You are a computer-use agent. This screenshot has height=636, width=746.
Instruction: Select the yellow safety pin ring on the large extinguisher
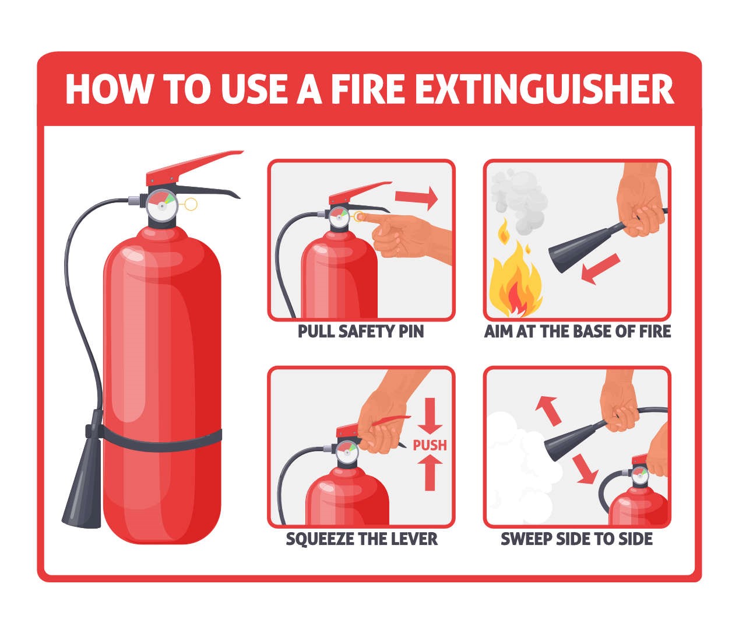[191, 204]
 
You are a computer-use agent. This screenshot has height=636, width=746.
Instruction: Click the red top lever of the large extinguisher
[192, 165]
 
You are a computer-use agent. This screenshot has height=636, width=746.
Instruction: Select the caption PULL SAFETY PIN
[361, 331]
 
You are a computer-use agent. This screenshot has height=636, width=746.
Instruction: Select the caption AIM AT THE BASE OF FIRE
[577, 331]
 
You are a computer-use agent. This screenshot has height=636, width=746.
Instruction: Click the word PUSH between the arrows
[430, 445]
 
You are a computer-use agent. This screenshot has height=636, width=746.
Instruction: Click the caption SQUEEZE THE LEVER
[361, 539]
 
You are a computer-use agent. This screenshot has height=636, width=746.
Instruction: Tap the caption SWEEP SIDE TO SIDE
[576, 539]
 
